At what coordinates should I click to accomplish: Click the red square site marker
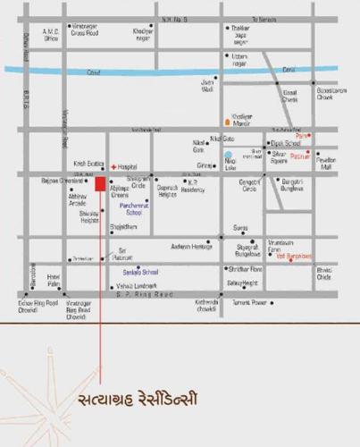(x=100, y=183)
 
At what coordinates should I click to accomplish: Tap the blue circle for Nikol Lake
(x=229, y=156)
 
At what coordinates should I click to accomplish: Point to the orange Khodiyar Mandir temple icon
(x=227, y=120)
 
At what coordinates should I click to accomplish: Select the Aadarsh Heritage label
(x=191, y=245)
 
